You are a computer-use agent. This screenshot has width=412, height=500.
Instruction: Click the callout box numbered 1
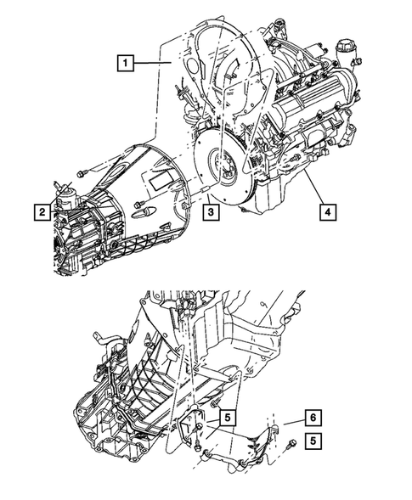(x=126, y=62)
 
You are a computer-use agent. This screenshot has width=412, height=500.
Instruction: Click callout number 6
(x=313, y=417)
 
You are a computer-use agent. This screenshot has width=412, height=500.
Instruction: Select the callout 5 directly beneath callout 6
(x=313, y=440)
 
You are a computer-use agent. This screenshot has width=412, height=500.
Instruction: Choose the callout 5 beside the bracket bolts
(x=226, y=417)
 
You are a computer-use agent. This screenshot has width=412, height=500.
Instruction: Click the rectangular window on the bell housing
(x=159, y=180)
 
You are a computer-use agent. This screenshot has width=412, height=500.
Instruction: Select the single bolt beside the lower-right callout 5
(x=289, y=441)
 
